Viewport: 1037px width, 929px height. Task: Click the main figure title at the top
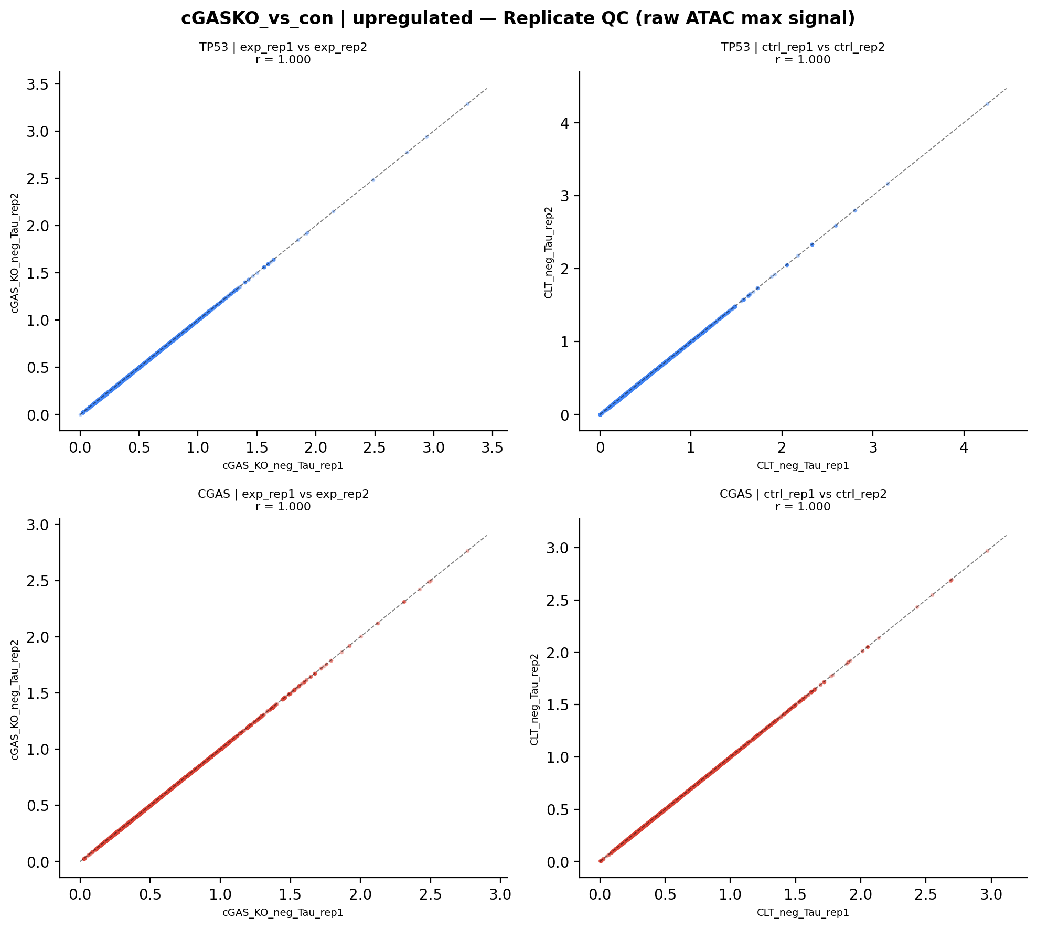coord(518,19)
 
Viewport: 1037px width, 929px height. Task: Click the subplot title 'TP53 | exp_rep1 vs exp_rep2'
coord(283,47)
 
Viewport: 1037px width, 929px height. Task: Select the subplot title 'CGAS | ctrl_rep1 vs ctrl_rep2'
coord(803,494)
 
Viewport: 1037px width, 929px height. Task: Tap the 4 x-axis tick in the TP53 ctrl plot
coord(964,449)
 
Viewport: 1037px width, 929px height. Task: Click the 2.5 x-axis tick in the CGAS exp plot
coord(430,895)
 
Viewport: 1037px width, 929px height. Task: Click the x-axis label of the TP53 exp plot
coord(283,466)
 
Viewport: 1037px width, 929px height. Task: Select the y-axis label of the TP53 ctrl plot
coord(549,252)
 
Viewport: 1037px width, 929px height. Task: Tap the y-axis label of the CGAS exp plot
coord(15,699)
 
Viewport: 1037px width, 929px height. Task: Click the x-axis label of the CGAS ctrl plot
coord(803,913)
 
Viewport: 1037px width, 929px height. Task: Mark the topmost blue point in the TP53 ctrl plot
coord(987,104)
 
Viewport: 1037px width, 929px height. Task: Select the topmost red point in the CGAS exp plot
coord(467,551)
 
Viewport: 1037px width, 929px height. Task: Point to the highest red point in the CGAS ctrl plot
coord(987,551)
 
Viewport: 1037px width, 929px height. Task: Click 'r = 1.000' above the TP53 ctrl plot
coord(803,60)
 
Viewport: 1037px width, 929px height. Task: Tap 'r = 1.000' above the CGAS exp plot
coord(283,507)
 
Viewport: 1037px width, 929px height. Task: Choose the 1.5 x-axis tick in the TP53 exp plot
coord(256,449)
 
